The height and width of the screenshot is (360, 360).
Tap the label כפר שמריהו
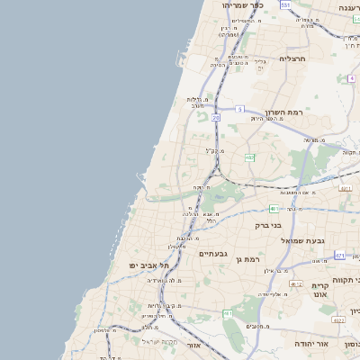click(x=243, y=4)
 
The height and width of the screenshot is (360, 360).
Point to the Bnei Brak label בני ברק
click(x=268, y=225)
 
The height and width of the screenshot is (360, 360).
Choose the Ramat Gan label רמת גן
click(x=247, y=260)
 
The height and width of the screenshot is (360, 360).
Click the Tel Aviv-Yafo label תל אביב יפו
click(x=150, y=265)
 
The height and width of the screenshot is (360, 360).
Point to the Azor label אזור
click(x=193, y=345)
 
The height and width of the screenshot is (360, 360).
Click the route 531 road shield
click(x=284, y=4)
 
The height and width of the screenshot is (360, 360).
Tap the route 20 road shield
click(x=216, y=117)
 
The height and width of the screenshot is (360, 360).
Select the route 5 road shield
click(x=240, y=109)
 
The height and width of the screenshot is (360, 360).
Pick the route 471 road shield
click(x=339, y=256)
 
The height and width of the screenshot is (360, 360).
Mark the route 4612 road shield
click(x=296, y=283)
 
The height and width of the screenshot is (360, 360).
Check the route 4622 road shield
click(x=339, y=319)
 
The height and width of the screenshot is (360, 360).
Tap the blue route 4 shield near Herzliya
click(x=351, y=78)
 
